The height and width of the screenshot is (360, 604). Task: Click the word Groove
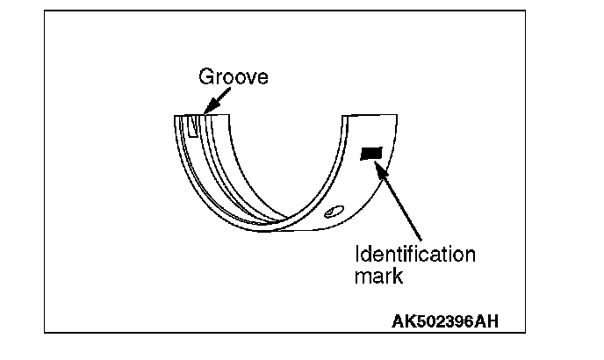[x=233, y=76]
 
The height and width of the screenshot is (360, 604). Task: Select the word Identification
[x=414, y=256]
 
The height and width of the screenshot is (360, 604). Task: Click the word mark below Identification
[x=378, y=277]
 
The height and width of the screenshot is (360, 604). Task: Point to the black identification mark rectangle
[x=372, y=154]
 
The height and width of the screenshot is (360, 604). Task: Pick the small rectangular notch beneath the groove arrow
[x=193, y=128]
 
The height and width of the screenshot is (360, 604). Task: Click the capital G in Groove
[x=205, y=76]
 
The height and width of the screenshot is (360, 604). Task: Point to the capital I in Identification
[x=357, y=256]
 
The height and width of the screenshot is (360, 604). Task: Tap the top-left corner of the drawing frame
[x=45, y=11]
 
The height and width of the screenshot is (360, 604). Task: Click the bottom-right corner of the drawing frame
[x=525, y=333]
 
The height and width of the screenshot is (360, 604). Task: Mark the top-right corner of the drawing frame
[x=525, y=11]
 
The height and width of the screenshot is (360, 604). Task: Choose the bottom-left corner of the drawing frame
[x=45, y=333]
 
